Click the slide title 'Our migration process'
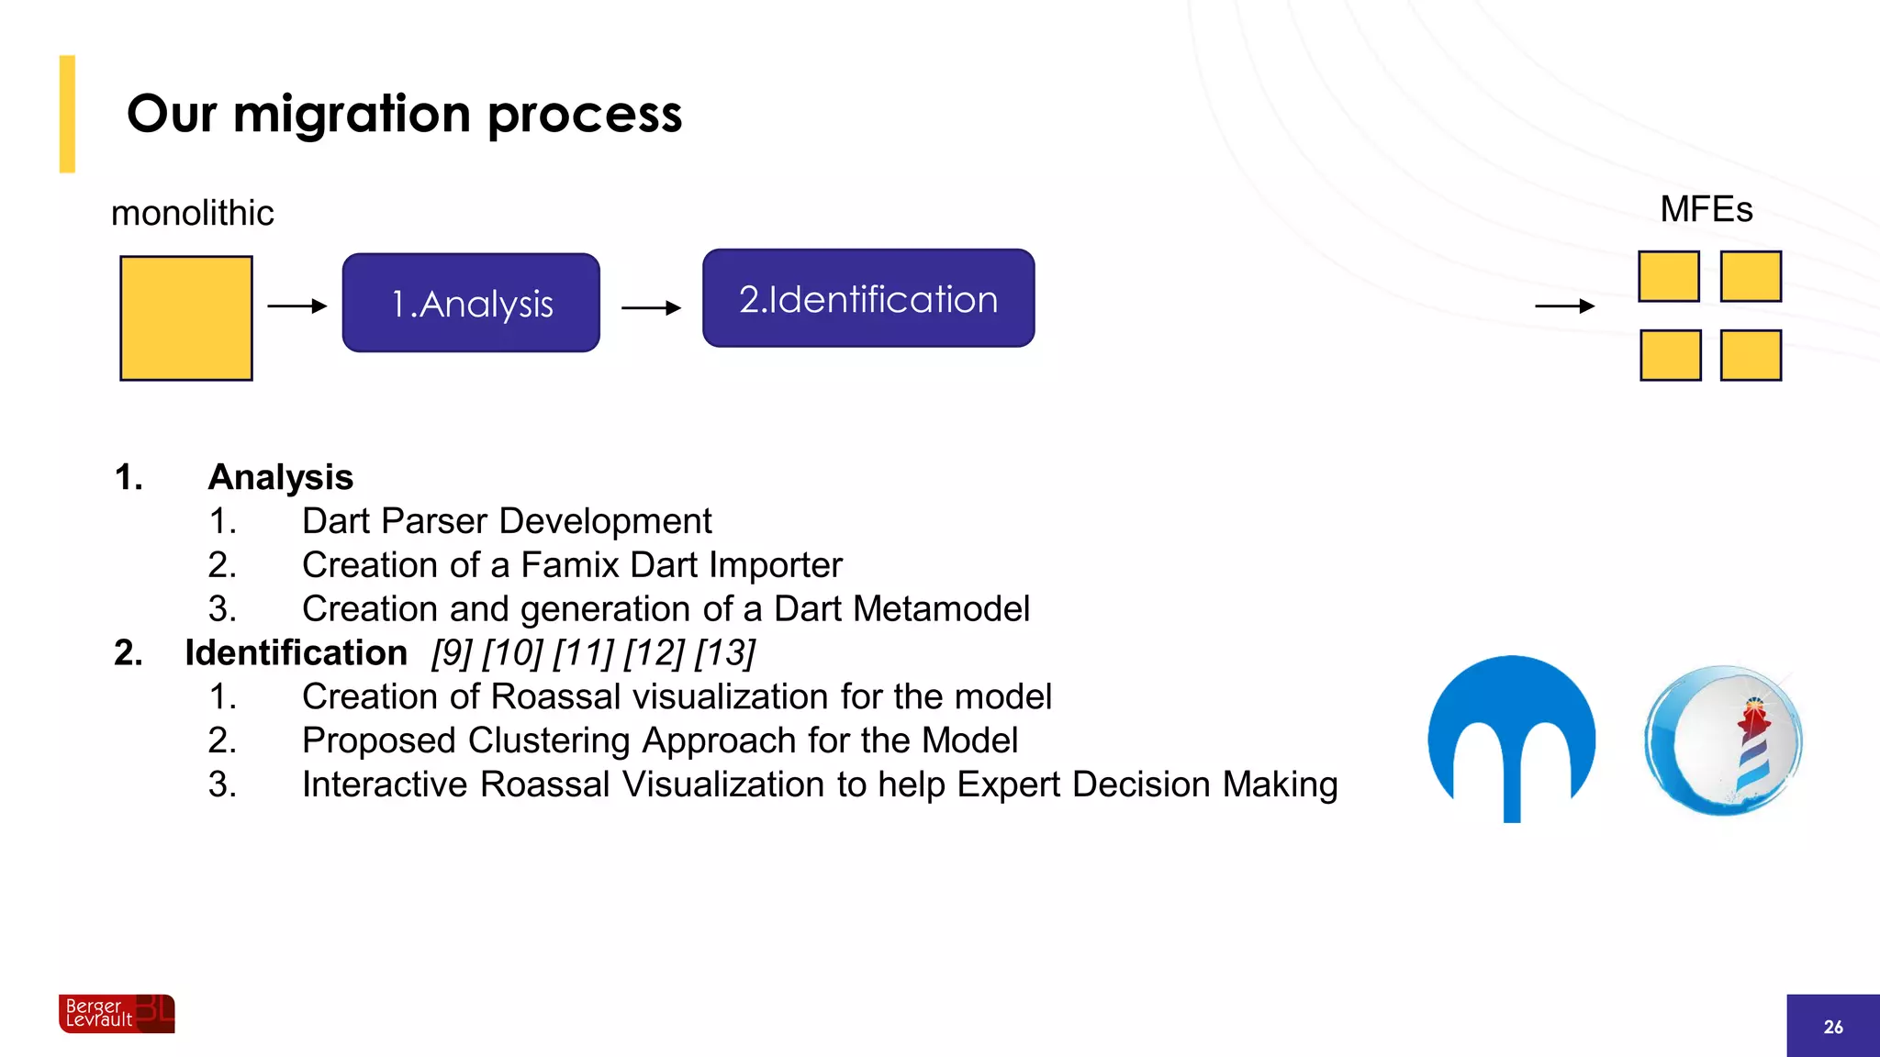tap(404, 115)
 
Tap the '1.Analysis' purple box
tap(471, 303)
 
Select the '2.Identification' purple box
tap(868, 298)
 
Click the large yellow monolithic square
tap(186, 317)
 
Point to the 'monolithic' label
tap(192, 213)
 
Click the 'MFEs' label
tap(1706, 209)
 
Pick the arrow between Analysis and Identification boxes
tap(651, 308)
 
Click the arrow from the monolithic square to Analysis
tap(297, 306)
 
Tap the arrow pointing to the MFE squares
tap(1564, 306)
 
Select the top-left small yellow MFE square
tap(1668, 276)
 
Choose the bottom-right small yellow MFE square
tap(1751, 355)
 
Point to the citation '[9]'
tap(452, 652)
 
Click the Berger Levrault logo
tap(117, 1013)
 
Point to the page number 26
tap(1832, 1027)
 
